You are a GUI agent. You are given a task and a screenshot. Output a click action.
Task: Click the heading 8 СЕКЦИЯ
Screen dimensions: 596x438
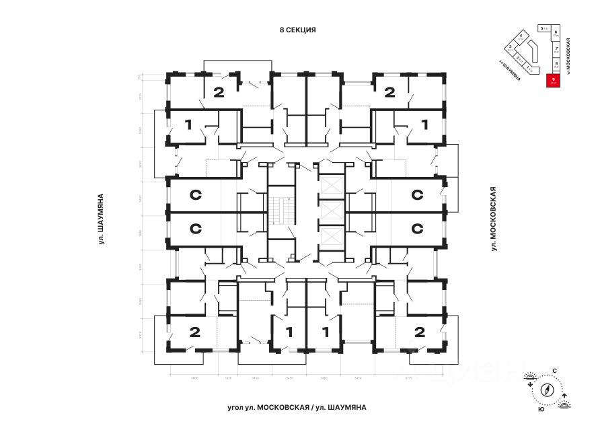[297, 30]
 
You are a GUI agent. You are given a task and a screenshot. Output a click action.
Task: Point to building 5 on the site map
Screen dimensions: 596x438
[542, 29]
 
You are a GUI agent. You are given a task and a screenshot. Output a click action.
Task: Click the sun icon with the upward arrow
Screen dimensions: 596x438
[565, 402]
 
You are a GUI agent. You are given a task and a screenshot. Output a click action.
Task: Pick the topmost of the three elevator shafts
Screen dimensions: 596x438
[332, 185]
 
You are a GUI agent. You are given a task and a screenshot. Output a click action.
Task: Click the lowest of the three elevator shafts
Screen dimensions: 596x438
[332, 238]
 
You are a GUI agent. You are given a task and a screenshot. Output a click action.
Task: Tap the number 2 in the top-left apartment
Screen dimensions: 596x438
[218, 92]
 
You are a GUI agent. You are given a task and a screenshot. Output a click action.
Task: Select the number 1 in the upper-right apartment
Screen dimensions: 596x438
[424, 124]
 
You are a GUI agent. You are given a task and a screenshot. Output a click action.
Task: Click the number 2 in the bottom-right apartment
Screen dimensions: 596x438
[420, 331]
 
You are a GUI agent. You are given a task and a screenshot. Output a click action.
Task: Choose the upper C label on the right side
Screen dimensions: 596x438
[416, 195]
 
